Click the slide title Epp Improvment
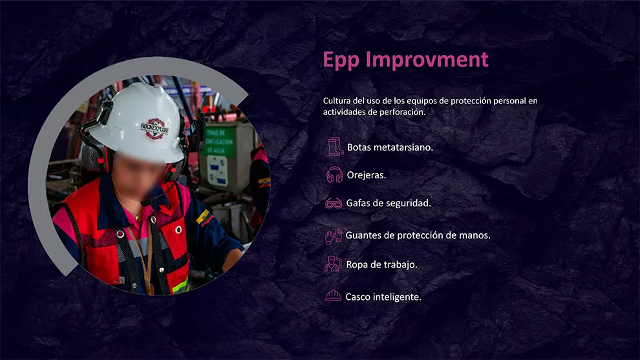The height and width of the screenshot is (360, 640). [x=405, y=59]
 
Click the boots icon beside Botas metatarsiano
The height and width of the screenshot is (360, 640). [x=336, y=147]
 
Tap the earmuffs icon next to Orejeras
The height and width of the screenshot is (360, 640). [x=335, y=175]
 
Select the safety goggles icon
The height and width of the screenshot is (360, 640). [x=334, y=203]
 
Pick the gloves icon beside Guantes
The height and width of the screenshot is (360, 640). [x=334, y=236]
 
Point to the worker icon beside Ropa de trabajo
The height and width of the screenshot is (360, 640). [x=333, y=264]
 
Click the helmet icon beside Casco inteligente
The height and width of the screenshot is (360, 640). [x=333, y=295]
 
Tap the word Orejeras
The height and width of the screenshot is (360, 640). [x=366, y=175]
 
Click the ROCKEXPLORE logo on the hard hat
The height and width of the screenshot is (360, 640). [x=155, y=128]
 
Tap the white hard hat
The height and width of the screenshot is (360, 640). [x=137, y=122]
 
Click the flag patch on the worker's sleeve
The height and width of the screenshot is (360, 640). [x=204, y=218]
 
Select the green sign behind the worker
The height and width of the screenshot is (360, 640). [x=220, y=142]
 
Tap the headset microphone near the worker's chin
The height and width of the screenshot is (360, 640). [x=146, y=202]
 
